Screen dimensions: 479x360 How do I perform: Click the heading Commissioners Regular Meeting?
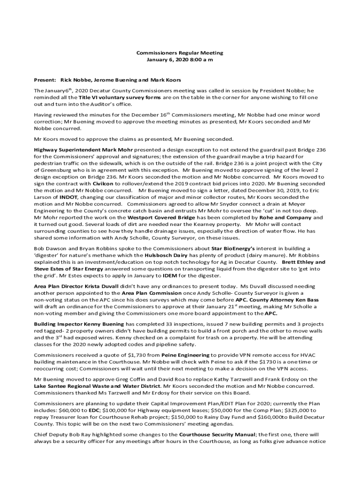[180, 53]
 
